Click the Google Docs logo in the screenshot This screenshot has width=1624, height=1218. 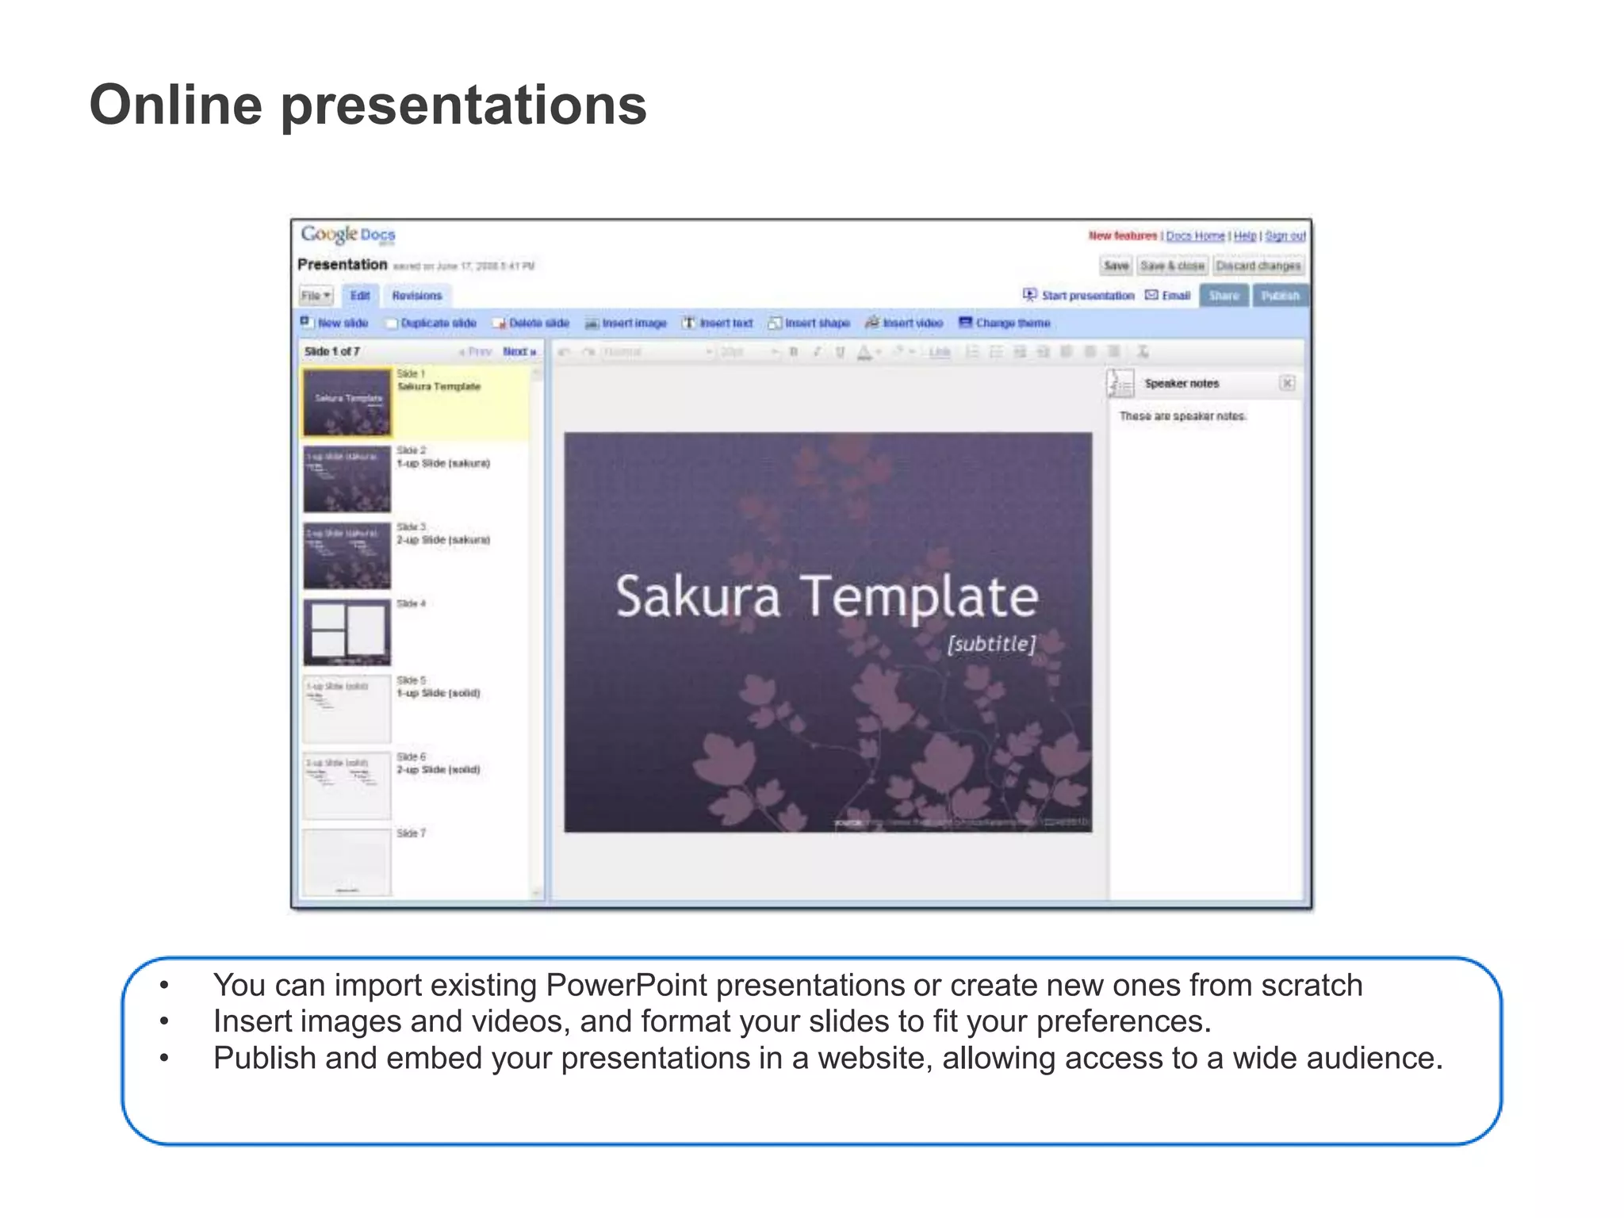[x=347, y=235]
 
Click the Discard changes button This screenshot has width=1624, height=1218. [x=1258, y=266]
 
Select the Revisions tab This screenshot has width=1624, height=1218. [x=416, y=296]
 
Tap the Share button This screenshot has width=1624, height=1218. [x=1224, y=296]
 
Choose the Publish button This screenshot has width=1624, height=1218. [x=1280, y=296]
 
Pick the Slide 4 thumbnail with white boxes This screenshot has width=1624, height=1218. [x=347, y=632]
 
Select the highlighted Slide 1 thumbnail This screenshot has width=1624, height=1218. [x=347, y=402]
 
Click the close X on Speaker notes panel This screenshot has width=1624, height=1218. [x=1287, y=384]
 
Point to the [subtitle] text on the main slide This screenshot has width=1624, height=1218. [x=991, y=644]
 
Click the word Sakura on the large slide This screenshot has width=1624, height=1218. [x=698, y=596]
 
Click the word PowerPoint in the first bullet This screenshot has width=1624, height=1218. [x=626, y=985]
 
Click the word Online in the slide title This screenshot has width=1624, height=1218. [x=175, y=105]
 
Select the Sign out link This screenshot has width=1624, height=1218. [x=1285, y=236]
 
